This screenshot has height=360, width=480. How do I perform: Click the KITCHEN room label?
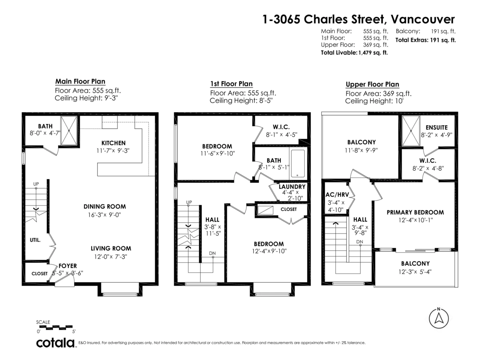click(x=114, y=143)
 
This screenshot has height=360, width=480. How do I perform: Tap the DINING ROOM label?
click(x=105, y=206)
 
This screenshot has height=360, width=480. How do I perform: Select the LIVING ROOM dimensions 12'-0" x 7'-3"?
click(x=111, y=257)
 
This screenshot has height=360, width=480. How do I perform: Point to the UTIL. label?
click(x=35, y=240)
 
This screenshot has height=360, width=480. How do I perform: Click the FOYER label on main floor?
click(x=68, y=266)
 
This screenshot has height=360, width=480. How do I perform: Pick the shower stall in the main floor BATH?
click(x=69, y=130)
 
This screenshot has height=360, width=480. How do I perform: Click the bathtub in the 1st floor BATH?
click(x=298, y=163)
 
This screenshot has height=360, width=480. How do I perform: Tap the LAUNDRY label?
click(x=292, y=187)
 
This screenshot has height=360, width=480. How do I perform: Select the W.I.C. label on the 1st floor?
click(x=281, y=127)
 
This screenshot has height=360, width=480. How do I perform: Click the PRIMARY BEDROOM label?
click(x=415, y=212)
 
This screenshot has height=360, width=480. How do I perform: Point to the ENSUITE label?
click(x=437, y=128)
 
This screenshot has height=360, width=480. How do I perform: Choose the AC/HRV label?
click(x=337, y=194)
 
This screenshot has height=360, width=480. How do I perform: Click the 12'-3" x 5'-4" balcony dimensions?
click(x=415, y=272)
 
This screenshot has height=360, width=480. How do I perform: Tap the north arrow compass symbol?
click(x=439, y=318)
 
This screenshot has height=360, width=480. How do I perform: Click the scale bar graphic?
click(x=56, y=327)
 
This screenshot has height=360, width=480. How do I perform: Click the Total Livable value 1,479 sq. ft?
click(x=373, y=53)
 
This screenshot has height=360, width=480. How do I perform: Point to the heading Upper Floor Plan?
click(x=372, y=84)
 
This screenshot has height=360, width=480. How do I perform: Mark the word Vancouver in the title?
click(x=423, y=19)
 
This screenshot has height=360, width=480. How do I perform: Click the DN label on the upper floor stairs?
click(x=360, y=242)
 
